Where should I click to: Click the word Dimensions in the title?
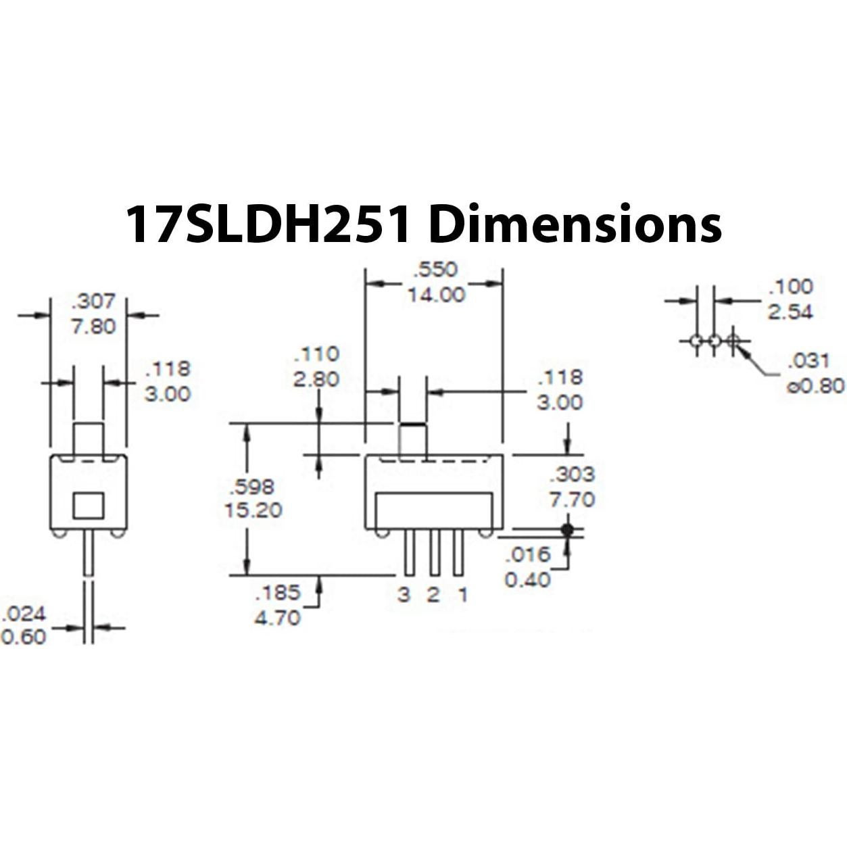(575, 224)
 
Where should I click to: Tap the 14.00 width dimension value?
(436, 295)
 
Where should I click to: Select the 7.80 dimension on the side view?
(93, 326)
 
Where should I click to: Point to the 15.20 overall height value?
(253, 510)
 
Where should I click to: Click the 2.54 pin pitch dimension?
(790, 312)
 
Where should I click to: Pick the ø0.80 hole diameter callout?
(815, 386)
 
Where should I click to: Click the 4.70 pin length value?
(277, 617)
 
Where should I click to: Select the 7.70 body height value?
(572, 500)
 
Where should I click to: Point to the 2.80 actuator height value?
(316, 379)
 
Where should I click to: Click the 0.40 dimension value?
(527, 579)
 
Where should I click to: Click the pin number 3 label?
(404, 595)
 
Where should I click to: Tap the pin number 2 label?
(433, 595)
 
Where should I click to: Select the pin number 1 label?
(462, 595)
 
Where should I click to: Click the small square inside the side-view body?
(89, 505)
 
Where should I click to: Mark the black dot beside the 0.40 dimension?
(567, 529)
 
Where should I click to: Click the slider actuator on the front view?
(413, 438)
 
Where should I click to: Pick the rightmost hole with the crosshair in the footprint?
(733, 341)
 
